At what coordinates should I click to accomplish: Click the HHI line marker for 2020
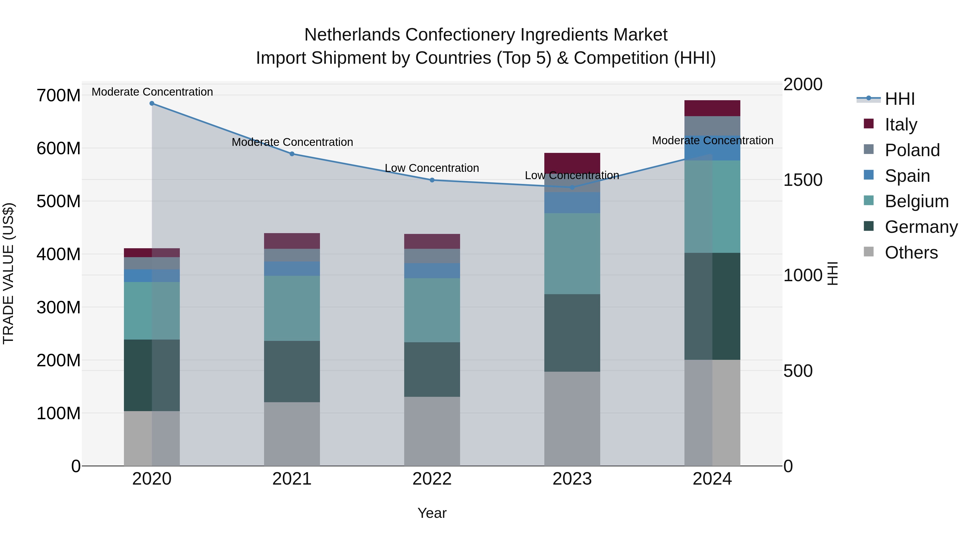[152, 103]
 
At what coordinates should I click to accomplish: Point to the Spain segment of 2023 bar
[572, 203]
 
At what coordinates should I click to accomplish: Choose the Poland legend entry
[912, 150]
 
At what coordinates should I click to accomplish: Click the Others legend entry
[911, 253]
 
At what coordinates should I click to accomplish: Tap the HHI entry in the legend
[900, 99]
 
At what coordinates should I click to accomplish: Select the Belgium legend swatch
[869, 200]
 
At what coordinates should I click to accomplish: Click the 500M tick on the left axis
[59, 201]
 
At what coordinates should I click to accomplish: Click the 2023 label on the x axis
[572, 479]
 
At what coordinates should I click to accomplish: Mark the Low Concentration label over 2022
[432, 168]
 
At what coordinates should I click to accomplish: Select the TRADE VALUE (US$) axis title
[8, 273]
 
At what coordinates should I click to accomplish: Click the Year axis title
[432, 513]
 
